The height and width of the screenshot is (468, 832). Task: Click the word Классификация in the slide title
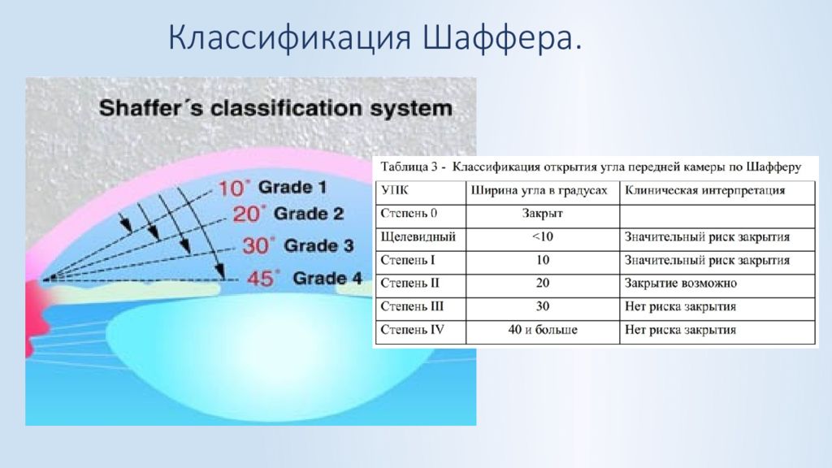click(290, 38)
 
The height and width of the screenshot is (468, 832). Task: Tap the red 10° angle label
click(233, 188)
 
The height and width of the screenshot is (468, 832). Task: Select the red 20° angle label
click(249, 214)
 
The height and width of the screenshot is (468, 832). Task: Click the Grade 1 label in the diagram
click(292, 188)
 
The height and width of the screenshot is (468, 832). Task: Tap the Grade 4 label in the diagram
click(327, 278)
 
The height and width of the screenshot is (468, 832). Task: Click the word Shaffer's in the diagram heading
click(151, 108)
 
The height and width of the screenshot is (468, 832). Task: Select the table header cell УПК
click(395, 191)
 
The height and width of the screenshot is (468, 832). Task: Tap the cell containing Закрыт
click(542, 214)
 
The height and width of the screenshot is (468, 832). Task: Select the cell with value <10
click(542, 237)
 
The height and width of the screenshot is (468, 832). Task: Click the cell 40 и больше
click(542, 330)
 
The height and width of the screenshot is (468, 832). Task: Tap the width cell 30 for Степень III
click(542, 306)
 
